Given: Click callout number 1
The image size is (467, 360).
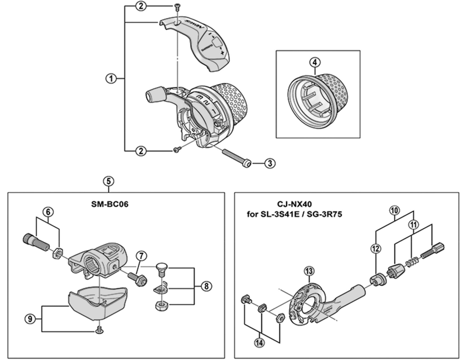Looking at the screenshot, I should pos(110,78).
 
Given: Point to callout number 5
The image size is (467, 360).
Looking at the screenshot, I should pos(109,181).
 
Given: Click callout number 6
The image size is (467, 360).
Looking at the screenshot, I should pos(48,212).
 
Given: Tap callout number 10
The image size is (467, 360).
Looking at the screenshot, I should pos(395,209).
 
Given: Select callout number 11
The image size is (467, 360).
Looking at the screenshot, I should pos(413,224).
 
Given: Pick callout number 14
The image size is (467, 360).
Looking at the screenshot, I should pos(259,342).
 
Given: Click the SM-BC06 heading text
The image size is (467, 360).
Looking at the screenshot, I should pos(114,204).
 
